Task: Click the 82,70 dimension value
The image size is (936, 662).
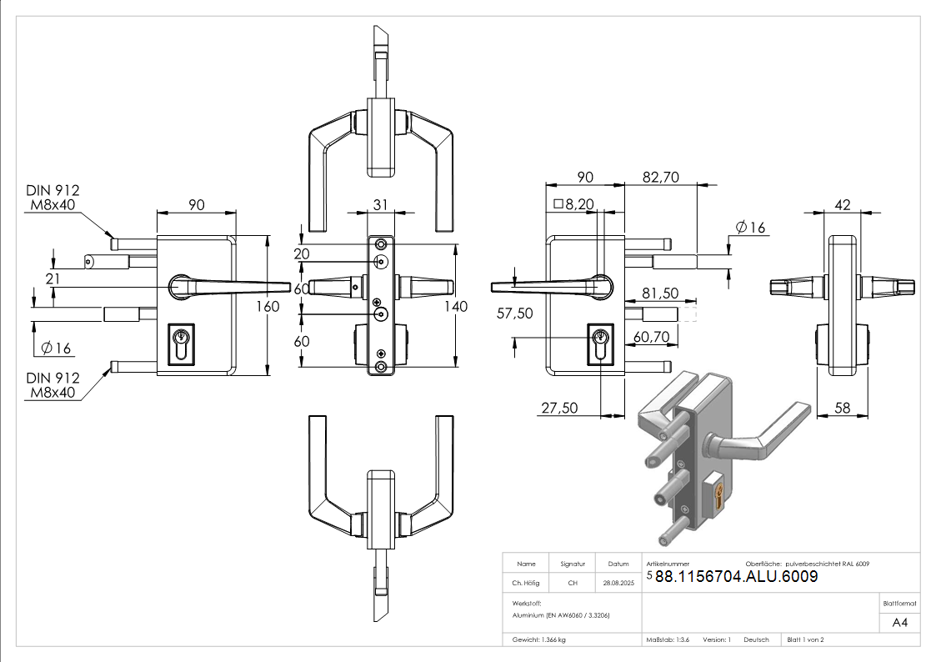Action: point(661,177)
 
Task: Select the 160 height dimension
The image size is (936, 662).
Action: point(268,306)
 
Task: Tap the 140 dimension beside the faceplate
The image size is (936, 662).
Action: point(456,306)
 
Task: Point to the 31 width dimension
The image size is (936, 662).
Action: point(381,204)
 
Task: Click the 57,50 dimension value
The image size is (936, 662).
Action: point(515,313)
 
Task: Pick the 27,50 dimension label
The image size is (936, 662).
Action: point(559,408)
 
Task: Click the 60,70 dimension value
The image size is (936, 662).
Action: point(652,336)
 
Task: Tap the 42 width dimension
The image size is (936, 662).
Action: point(842,204)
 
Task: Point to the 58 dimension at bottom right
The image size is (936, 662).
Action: point(842,408)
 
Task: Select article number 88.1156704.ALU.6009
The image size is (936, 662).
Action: point(736,577)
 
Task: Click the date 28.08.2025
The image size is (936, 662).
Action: point(618,583)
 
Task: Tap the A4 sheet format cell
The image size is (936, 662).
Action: point(900,623)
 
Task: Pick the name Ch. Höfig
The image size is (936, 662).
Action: point(527,583)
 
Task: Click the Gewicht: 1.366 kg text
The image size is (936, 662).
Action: point(539,639)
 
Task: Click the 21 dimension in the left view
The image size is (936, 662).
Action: point(53,278)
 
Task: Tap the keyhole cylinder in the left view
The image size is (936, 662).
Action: point(182,342)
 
